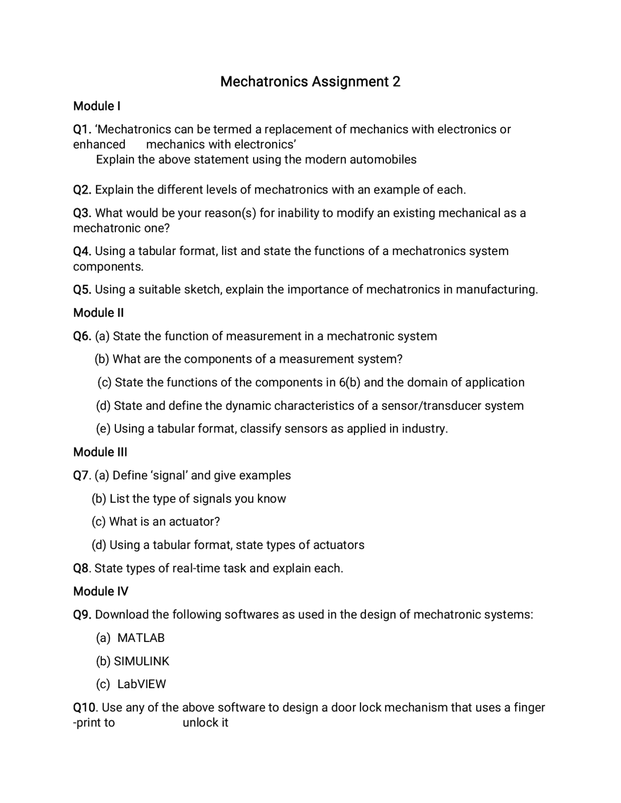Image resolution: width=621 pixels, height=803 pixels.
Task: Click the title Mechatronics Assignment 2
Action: tap(310, 81)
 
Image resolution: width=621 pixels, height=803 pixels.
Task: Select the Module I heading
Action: tap(97, 106)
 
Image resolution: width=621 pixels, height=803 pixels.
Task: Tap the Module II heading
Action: tap(98, 313)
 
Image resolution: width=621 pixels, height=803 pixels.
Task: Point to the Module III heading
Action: tap(100, 452)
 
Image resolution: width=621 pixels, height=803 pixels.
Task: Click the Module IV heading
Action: tap(100, 591)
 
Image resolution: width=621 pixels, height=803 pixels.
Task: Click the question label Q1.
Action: tap(82, 129)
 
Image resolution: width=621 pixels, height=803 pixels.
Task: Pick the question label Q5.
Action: tap(82, 289)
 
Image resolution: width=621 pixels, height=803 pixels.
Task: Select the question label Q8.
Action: tap(82, 568)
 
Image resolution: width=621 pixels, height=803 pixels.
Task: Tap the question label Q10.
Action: tap(85, 707)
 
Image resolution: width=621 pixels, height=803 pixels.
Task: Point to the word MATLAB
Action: tap(141, 638)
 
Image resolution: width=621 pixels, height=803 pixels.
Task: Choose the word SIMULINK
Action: tap(141, 661)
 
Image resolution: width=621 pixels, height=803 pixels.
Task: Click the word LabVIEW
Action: tap(142, 684)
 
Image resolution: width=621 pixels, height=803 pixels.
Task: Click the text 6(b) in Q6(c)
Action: tap(349, 383)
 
